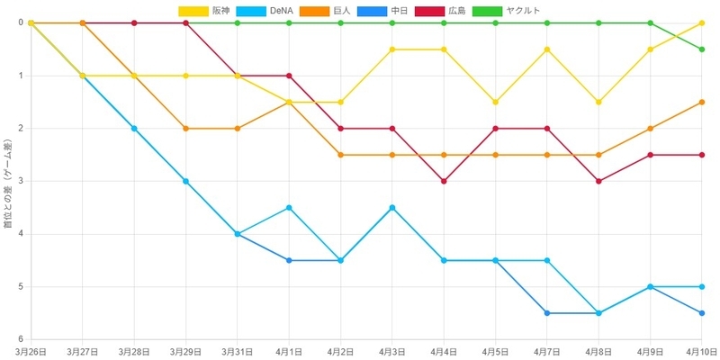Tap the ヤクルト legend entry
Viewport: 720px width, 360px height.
pyautogui.click(x=506, y=11)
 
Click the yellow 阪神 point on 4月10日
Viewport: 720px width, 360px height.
pyautogui.click(x=702, y=23)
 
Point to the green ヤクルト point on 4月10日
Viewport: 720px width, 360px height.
pyautogui.click(x=702, y=49)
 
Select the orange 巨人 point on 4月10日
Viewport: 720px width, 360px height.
pyautogui.click(x=702, y=102)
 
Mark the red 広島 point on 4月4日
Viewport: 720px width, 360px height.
pyautogui.click(x=444, y=182)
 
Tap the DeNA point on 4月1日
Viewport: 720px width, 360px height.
pyautogui.click(x=289, y=208)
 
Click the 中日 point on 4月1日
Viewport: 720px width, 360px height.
pyautogui.click(x=289, y=260)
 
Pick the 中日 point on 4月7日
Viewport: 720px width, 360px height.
pyautogui.click(x=547, y=313)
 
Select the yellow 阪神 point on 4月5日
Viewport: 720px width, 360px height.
pyautogui.click(x=496, y=102)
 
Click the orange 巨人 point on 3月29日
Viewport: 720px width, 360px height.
pyautogui.click(x=186, y=129)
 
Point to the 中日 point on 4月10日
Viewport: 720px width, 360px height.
pyautogui.click(x=702, y=313)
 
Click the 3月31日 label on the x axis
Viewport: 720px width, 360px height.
pyautogui.click(x=238, y=352)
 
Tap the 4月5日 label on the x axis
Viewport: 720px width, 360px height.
pyautogui.click(x=496, y=352)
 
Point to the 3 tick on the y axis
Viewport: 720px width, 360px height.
pyautogui.click(x=21, y=182)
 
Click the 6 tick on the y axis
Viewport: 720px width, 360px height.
pyautogui.click(x=21, y=339)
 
